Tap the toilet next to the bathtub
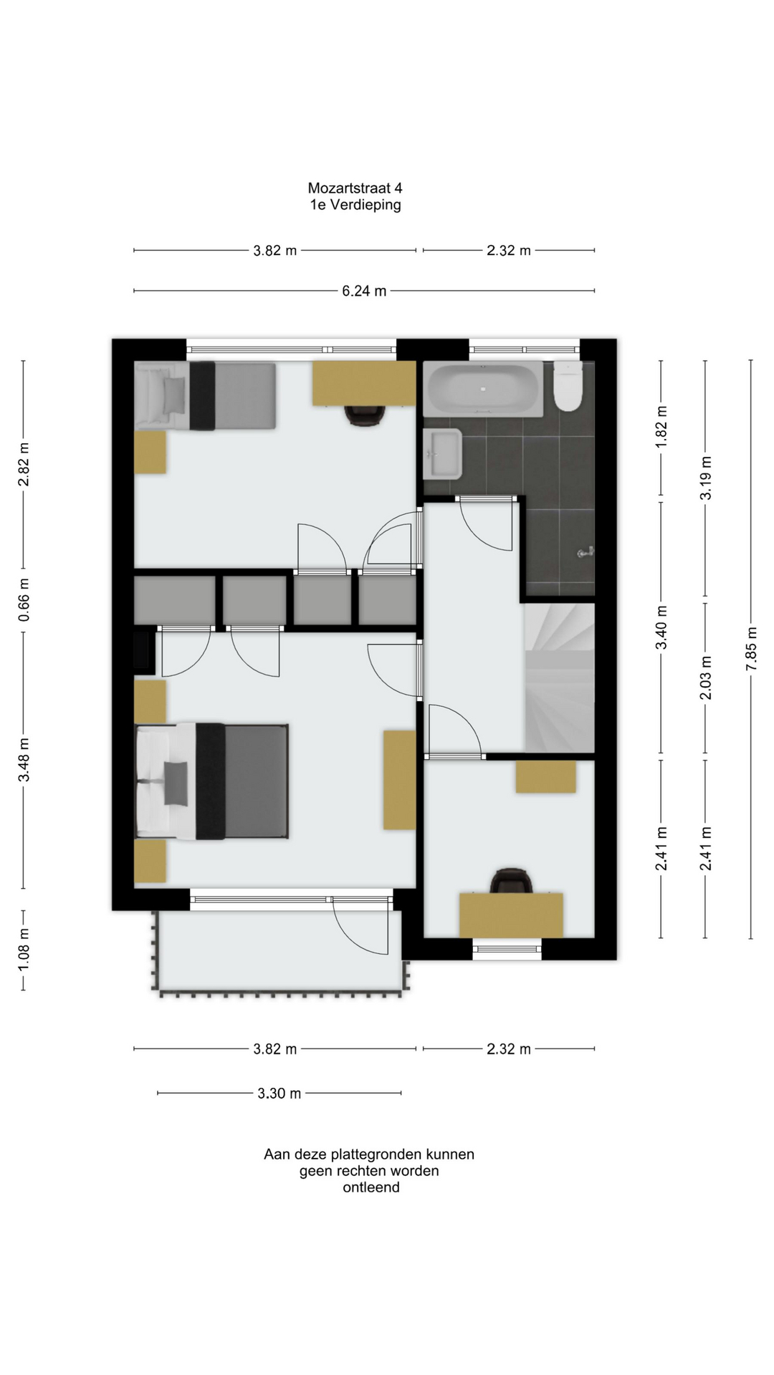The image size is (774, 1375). click(x=568, y=387)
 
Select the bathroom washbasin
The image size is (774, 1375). click(x=442, y=454)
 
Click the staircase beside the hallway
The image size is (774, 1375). click(x=560, y=677)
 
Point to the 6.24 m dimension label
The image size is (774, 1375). click(x=364, y=291)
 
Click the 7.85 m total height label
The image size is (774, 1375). click(x=751, y=649)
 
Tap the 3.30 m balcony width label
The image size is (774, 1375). click(x=279, y=1093)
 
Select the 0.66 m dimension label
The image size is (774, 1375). click(x=24, y=599)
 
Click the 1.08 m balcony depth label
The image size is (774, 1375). click(x=24, y=950)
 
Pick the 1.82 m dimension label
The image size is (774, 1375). click(x=661, y=427)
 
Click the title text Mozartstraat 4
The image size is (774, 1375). click(x=355, y=188)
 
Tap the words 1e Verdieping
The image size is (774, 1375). click(x=355, y=205)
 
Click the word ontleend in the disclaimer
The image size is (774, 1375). click(x=371, y=1187)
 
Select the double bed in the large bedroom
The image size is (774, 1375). click(x=212, y=781)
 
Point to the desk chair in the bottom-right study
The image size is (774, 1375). click(x=511, y=881)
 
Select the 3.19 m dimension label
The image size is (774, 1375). click(x=705, y=478)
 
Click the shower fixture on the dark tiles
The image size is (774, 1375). click(x=586, y=552)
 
